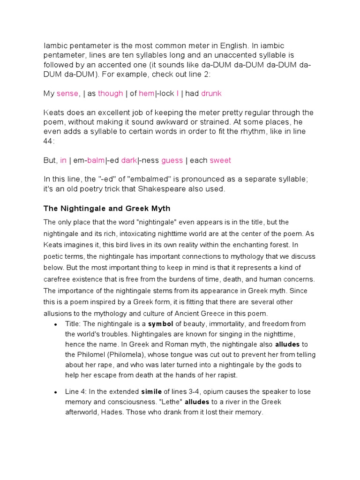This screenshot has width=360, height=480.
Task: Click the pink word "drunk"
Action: pyautogui.click(x=211, y=93)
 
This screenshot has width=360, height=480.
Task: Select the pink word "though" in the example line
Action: pyautogui.click(x=111, y=93)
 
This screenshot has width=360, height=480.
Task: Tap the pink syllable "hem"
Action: pyautogui.click(x=147, y=93)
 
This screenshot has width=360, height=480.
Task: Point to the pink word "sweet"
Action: pyautogui.click(x=220, y=160)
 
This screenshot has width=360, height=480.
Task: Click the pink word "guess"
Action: pyautogui.click(x=172, y=160)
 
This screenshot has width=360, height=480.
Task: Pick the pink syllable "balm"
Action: pyautogui.click(x=96, y=160)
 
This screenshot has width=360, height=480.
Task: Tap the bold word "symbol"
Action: pyautogui.click(x=161, y=324)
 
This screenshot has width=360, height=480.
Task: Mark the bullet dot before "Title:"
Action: pyautogui.click(x=55, y=324)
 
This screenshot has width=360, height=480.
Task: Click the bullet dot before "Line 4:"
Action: pyautogui.click(x=55, y=392)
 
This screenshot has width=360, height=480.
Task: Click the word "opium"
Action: pyautogui.click(x=201, y=392)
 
